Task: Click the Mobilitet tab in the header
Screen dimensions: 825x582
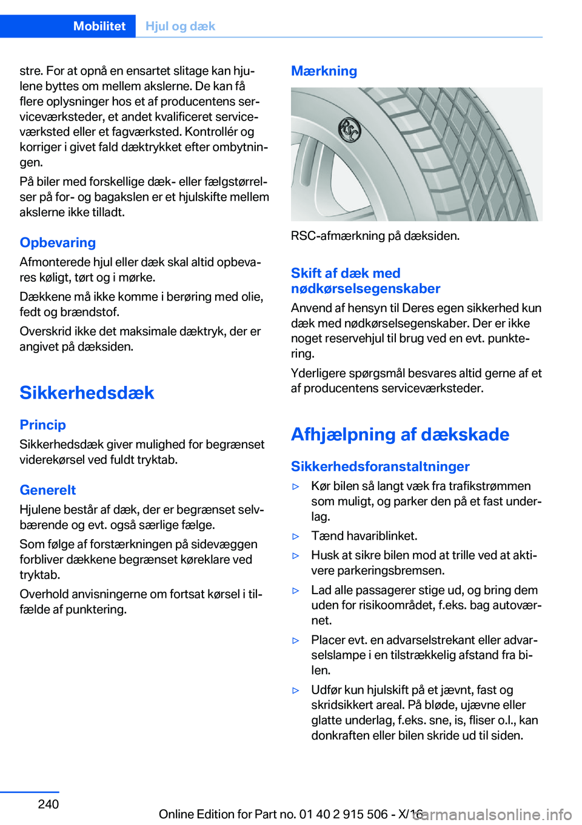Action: pyautogui.click(x=99, y=26)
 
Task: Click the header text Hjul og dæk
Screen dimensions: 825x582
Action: pyautogui.click(x=180, y=26)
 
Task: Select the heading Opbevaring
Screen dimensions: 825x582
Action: pyautogui.click(x=58, y=242)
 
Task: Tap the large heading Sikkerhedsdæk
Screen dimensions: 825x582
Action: pyautogui.click(x=87, y=393)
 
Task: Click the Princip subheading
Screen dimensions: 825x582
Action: pyautogui.click(x=42, y=425)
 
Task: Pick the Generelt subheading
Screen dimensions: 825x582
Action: pyautogui.click(x=48, y=490)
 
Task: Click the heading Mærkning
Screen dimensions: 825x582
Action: pyautogui.click(x=324, y=71)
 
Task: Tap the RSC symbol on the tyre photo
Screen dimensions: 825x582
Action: pyautogui.click(x=349, y=130)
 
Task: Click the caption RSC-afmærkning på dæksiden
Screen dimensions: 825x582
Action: pyautogui.click(x=375, y=236)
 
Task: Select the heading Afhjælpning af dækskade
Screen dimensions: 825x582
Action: pyautogui.click(x=400, y=434)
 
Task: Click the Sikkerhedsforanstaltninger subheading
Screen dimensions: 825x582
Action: pyautogui.click(x=380, y=466)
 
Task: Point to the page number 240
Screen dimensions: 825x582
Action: pyautogui.click(x=48, y=804)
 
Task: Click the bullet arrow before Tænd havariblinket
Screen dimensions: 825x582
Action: pyautogui.click(x=296, y=536)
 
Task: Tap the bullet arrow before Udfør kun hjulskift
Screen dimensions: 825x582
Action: pyautogui.click(x=296, y=690)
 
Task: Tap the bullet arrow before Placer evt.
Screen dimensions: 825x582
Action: pyautogui.click(x=296, y=640)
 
